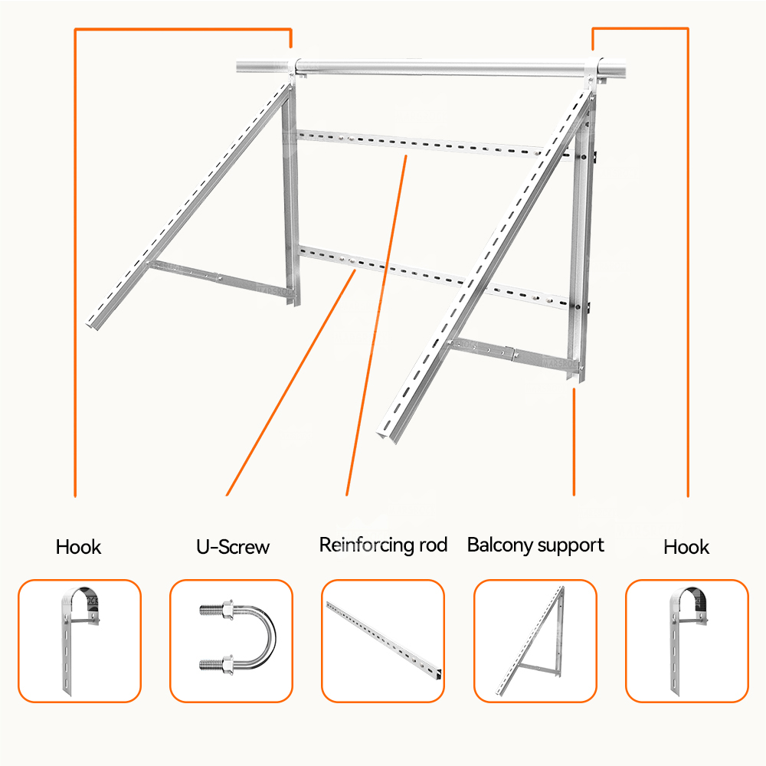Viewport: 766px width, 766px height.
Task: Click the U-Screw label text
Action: point(233,547)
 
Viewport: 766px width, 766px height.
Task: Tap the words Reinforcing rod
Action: point(383,545)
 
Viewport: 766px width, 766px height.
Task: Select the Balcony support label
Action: point(535,545)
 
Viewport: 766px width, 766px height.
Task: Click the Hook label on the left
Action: point(78,547)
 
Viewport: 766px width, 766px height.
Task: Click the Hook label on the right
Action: point(686,547)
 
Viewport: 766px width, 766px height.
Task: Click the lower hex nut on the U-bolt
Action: point(228,664)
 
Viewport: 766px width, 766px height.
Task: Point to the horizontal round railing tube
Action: point(430,67)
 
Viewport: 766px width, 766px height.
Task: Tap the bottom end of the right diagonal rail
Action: point(386,437)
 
